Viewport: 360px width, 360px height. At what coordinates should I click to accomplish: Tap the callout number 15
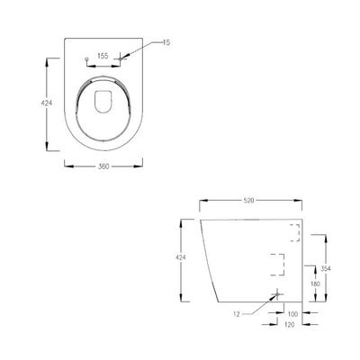[x=167, y=42]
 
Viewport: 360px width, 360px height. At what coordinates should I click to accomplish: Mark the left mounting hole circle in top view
[x=85, y=60]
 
